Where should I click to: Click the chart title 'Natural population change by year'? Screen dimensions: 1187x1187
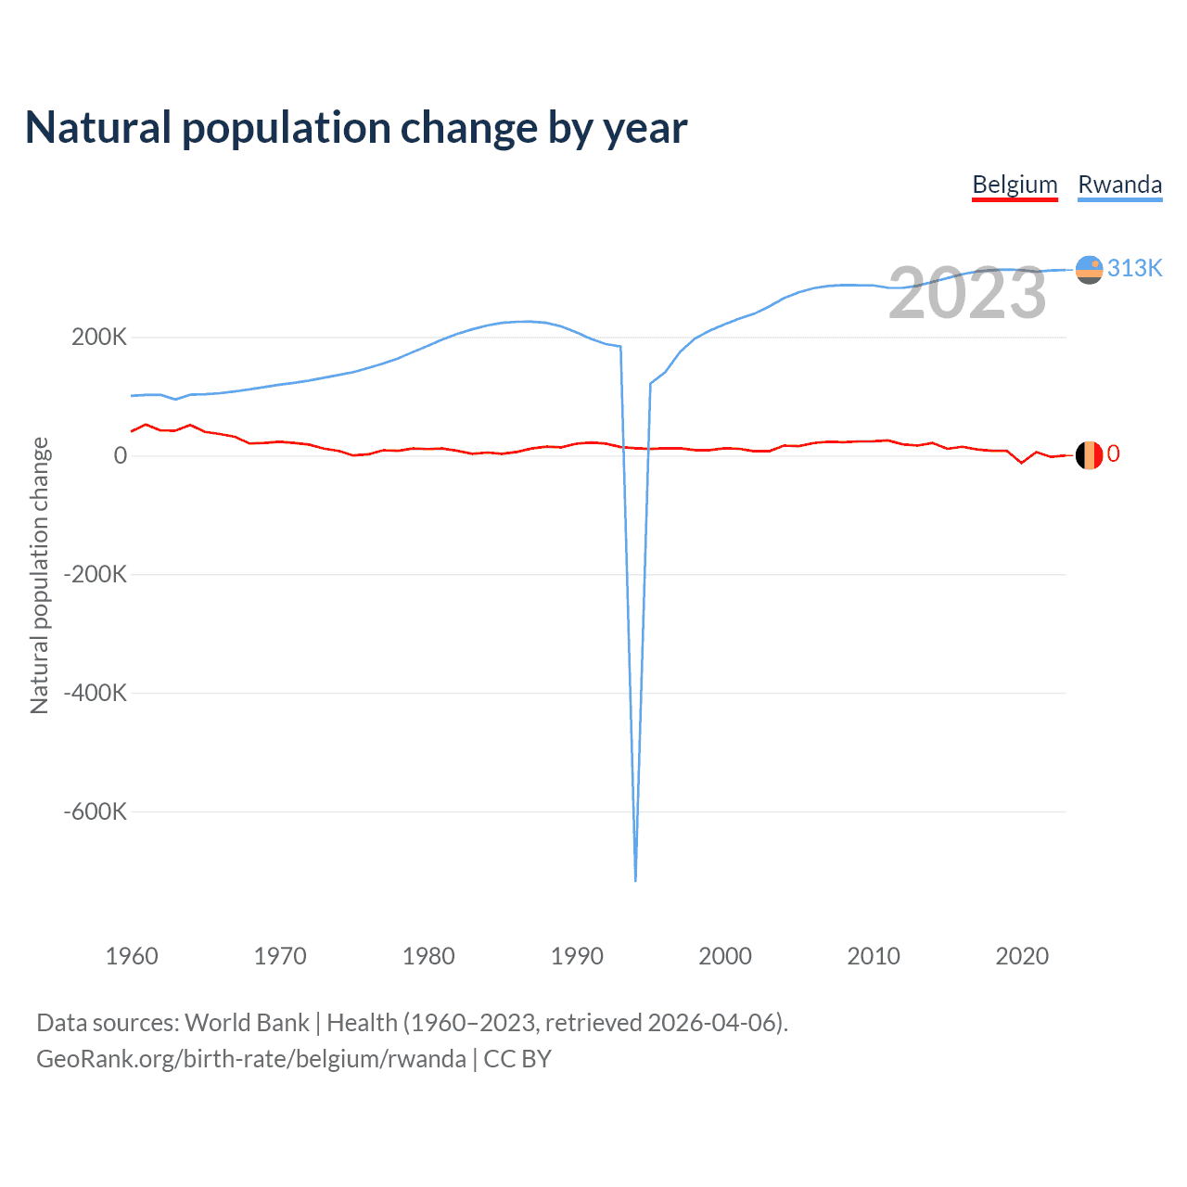(356, 128)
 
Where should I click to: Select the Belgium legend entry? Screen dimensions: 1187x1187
(1015, 185)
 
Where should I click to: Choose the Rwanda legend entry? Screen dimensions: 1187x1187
(1119, 185)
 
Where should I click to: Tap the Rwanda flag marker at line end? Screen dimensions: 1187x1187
(1089, 270)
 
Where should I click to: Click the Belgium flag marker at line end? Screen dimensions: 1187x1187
(1089, 455)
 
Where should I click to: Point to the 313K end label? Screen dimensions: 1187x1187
(1134, 268)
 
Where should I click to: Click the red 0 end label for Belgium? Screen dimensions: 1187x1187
(1113, 453)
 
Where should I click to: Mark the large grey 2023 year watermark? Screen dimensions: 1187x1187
(967, 293)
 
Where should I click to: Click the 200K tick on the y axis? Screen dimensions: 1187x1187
(99, 337)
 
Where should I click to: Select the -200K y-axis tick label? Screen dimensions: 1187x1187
(96, 574)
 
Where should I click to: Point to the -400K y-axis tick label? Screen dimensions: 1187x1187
(96, 693)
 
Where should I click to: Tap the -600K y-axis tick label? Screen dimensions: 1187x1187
(96, 811)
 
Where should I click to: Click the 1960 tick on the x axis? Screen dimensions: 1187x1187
(132, 956)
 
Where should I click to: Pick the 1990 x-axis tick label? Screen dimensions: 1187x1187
(577, 956)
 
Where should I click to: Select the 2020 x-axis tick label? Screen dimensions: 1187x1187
(1022, 956)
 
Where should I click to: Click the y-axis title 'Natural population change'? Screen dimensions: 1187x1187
(40, 575)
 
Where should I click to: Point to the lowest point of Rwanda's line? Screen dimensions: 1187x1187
(635, 879)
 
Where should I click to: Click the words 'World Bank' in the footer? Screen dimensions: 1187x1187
(247, 1023)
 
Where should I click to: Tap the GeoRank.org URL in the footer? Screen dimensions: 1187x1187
(251, 1059)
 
